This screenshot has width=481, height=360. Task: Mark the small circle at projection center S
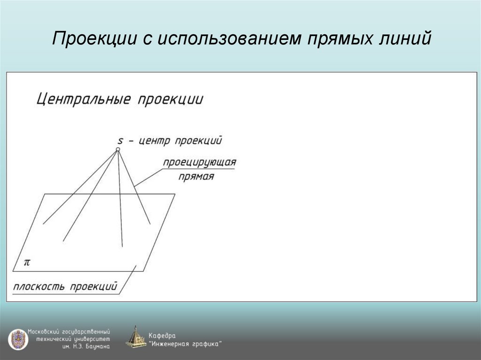118,149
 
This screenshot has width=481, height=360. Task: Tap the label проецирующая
199,162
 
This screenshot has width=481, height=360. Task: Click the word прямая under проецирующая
196,177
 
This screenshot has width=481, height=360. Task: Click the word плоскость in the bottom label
39,286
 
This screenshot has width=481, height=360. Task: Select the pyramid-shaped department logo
136,338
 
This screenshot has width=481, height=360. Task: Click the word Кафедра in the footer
162,336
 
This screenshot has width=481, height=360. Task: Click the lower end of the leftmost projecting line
43,223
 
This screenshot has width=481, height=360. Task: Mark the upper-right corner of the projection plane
175,194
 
